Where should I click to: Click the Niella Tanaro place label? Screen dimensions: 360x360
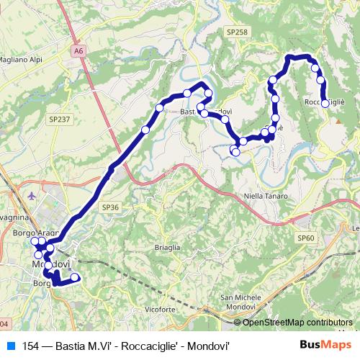pyautogui.click(x=266, y=196)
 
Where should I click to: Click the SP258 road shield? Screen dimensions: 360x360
pyautogui.click(x=235, y=32)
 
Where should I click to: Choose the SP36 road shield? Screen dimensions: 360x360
pyautogui.click(x=110, y=207)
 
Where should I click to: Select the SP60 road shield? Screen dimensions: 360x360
pyautogui.click(x=306, y=238)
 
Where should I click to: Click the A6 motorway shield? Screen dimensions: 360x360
pyautogui.click(x=78, y=50)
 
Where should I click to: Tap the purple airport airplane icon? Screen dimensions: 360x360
pyautogui.click(x=30, y=194)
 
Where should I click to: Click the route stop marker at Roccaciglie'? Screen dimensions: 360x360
pyautogui.click(x=325, y=104)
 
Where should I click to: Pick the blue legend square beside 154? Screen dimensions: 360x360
pyautogui.click(x=8, y=345)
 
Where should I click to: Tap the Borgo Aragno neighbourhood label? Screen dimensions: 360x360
pyautogui.click(x=34, y=234)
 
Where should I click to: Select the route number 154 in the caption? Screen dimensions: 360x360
pyautogui.click(x=31, y=345)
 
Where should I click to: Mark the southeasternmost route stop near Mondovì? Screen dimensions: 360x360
pyautogui.click(x=75, y=278)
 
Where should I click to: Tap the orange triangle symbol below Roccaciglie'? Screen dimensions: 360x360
pyautogui.click(x=338, y=121)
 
